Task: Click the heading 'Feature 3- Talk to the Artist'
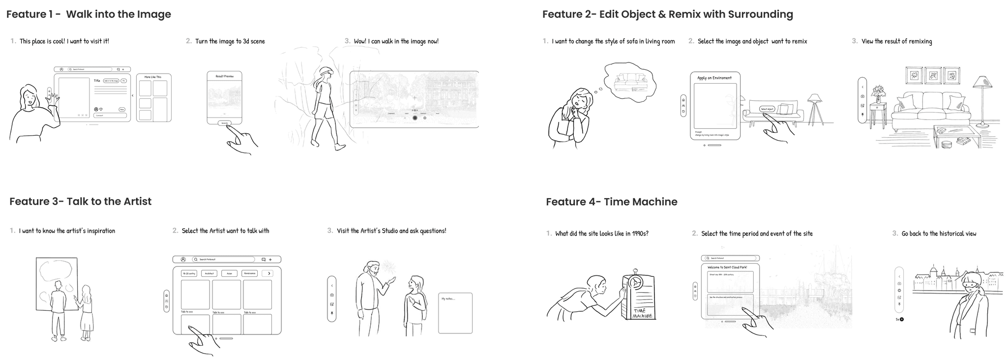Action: [80, 201]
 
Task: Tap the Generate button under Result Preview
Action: [225, 122]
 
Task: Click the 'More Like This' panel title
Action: [152, 77]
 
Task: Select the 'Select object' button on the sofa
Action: [767, 109]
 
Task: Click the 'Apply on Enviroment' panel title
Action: [714, 78]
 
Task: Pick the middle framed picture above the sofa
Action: [933, 76]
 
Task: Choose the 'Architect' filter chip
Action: [209, 273]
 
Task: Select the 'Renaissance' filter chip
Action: [249, 273]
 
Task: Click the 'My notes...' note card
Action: [455, 313]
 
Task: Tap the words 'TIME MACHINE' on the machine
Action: [642, 313]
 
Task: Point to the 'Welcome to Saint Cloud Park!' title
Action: [727, 268]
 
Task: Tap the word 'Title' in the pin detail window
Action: [97, 81]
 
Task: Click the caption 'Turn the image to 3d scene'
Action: [230, 41]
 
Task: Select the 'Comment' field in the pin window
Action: [110, 116]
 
